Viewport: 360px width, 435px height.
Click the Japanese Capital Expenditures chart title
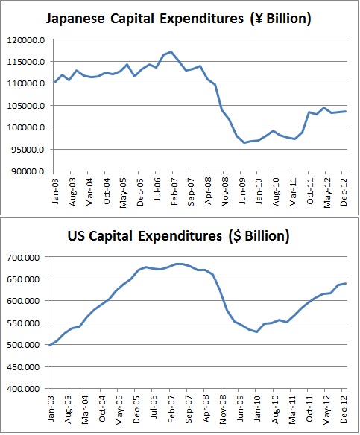tap(178, 19)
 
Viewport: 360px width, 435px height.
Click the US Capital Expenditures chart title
tap(178, 236)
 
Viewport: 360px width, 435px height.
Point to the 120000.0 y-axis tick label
tap(26, 40)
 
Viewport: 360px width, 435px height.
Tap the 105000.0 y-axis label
tap(26, 106)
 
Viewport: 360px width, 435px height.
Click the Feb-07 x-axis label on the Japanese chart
tap(174, 191)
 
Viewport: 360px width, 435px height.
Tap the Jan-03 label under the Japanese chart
tap(55, 191)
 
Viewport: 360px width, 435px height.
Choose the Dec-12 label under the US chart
tap(344, 409)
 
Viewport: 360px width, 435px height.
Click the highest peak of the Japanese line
tap(171, 51)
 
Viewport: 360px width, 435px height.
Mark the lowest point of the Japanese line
tap(244, 142)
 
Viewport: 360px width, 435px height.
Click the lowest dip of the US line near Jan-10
tap(256, 331)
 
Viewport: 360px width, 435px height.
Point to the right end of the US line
tap(347, 283)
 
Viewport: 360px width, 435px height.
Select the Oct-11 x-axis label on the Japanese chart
tap(310, 191)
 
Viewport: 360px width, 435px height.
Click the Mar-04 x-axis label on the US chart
tap(85, 409)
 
